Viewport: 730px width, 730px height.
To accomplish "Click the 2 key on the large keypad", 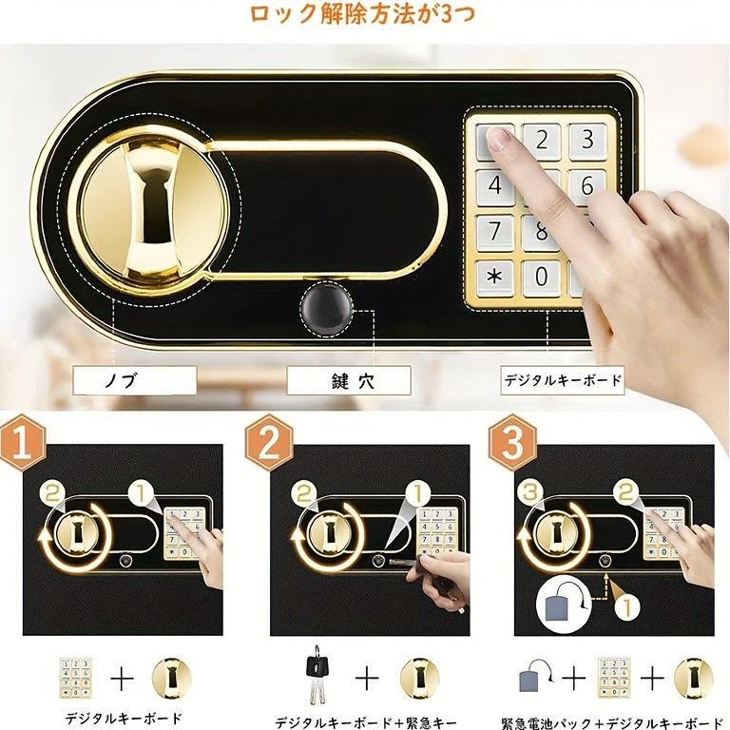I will tap(542, 141).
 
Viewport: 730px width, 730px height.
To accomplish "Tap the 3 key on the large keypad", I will tap(588, 141).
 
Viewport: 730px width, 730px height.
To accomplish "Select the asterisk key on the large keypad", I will tap(494, 279).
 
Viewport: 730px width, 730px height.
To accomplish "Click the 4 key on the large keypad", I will tap(494, 187).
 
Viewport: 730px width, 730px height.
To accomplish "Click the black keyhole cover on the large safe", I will tap(326, 309).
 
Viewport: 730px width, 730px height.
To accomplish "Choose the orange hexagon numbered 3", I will tap(512, 443).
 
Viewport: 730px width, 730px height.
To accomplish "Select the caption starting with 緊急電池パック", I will tap(612, 720).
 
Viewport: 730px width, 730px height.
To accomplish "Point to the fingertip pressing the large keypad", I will tap(498, 140).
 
